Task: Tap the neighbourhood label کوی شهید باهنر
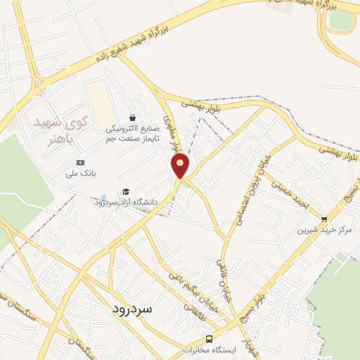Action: click(63, 131)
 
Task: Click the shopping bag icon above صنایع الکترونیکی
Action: click(133, 117)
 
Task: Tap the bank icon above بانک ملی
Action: click(79, 162)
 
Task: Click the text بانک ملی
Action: click(79, 172)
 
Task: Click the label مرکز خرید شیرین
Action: click(324, 230)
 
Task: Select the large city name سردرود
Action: click(133, 309)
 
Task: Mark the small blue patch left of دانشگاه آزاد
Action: click(104, 198)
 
